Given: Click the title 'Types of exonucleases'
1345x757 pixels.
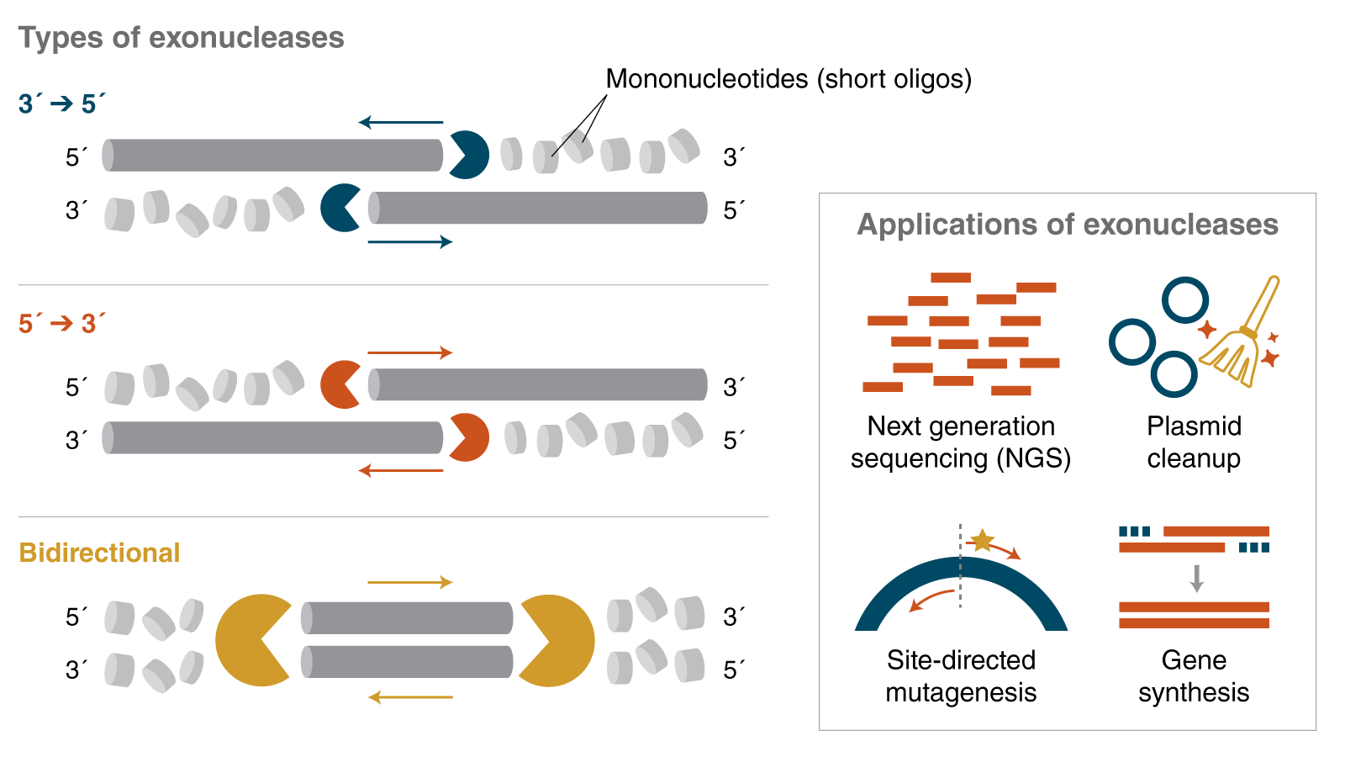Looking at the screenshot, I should pos(181,38).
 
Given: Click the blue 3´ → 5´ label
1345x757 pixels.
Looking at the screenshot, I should pos(61,103).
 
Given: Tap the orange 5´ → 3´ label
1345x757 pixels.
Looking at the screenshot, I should pos(61,323).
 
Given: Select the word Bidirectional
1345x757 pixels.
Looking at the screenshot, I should pos(99,553).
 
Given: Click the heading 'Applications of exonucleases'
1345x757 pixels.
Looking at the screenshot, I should pos(1067,225).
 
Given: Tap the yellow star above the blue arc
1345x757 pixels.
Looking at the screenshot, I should pos(982,540).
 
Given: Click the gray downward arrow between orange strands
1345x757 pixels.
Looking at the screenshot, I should pos(1197,578).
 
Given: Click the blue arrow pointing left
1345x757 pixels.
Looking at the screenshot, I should pos(401,123).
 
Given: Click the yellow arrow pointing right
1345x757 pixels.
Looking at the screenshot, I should pos(410,582).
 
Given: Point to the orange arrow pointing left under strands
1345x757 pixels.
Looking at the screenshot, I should pos(401,471).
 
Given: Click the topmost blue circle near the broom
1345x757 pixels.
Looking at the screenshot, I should pos(1185,299).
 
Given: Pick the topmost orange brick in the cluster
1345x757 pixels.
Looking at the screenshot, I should pos(951,278).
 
